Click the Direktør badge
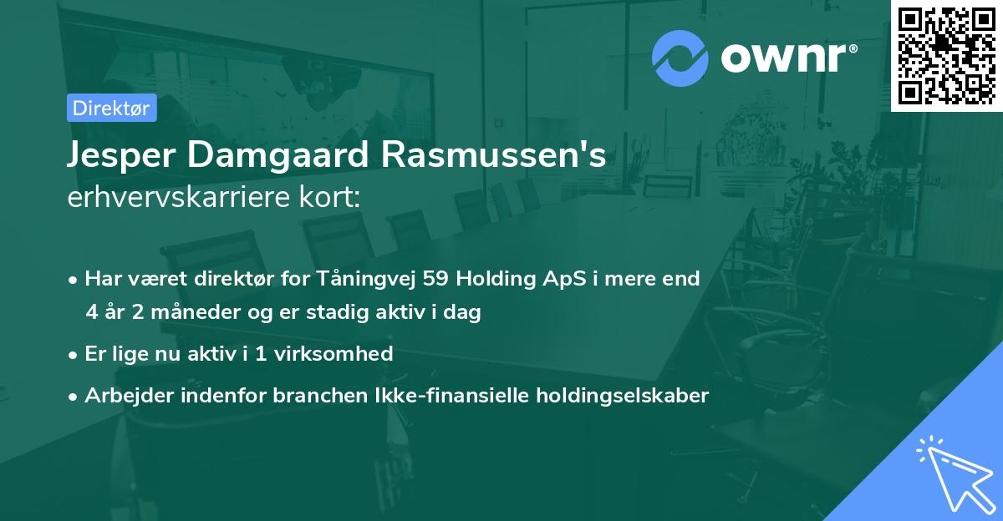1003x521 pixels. pyautogui.click(x=111, y=108)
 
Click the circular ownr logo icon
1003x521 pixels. pyautogui.click(x=680, y=58)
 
